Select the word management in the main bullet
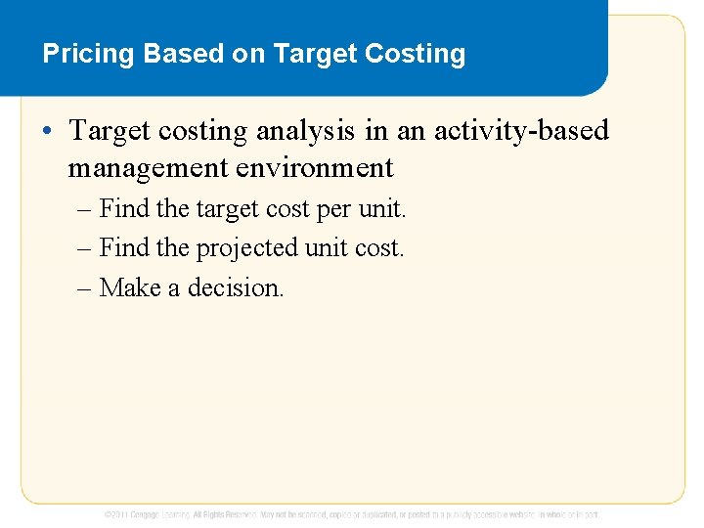[x=148, y=168]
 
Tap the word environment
[x=315, y=168]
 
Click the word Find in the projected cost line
[x=124, y=248]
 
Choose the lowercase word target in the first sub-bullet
[x=227, y=209]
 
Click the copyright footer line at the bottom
[x=352, y=513]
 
